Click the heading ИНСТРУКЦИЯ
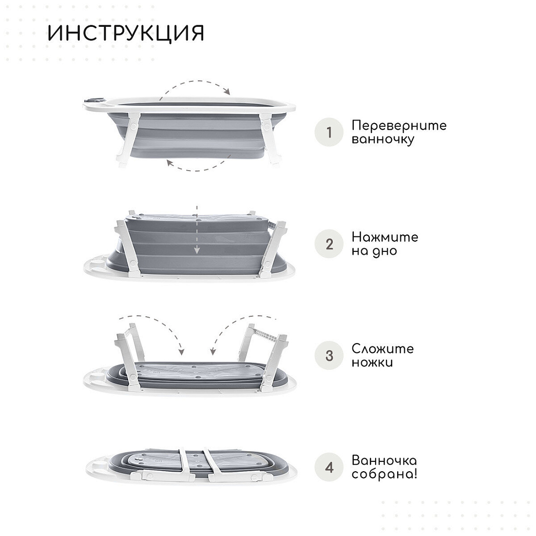pos(126,33)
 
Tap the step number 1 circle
pos(329,132)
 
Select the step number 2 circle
pos(329,244)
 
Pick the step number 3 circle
pos(329,356)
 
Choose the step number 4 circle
pos(329,467)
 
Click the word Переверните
pos(399,126)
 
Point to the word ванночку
pos(383,139)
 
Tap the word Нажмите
pos(385,237)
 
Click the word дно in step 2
pos(385,251)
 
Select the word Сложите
pos(383,349)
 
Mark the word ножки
pos(372,363)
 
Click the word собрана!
pos(384,475)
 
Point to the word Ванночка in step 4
pos(384,460)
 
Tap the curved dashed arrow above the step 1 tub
pos(195,82)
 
